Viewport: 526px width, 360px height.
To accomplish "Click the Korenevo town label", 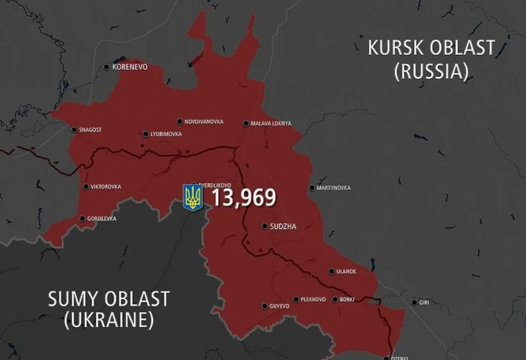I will [130, 67].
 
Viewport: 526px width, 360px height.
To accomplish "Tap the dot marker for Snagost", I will [74, 129].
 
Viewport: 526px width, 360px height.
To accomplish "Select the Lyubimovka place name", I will [166, 134].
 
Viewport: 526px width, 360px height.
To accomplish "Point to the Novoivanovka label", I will [204, 122].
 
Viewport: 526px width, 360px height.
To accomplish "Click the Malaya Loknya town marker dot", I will [246, 124].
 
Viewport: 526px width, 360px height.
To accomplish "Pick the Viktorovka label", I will [105, 187].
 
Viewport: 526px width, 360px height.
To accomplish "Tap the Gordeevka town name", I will [102, 219].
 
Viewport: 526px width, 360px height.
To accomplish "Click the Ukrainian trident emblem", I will [193, 197].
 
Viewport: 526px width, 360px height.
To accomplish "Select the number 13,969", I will [243, 197].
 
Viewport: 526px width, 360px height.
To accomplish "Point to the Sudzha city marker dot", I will [265, 227].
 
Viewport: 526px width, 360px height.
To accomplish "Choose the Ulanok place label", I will [346, 272].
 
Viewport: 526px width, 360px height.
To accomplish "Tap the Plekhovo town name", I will [313, 299].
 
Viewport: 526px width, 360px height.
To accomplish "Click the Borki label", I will [347, 299].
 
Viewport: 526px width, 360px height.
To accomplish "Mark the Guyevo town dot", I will [265, 306].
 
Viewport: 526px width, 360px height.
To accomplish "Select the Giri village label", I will [424, 302].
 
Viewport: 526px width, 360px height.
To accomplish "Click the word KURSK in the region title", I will [400, 48].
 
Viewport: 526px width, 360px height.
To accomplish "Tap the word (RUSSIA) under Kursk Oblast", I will [431, 72].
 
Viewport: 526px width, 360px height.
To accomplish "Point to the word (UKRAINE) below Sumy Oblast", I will [108, 320].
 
